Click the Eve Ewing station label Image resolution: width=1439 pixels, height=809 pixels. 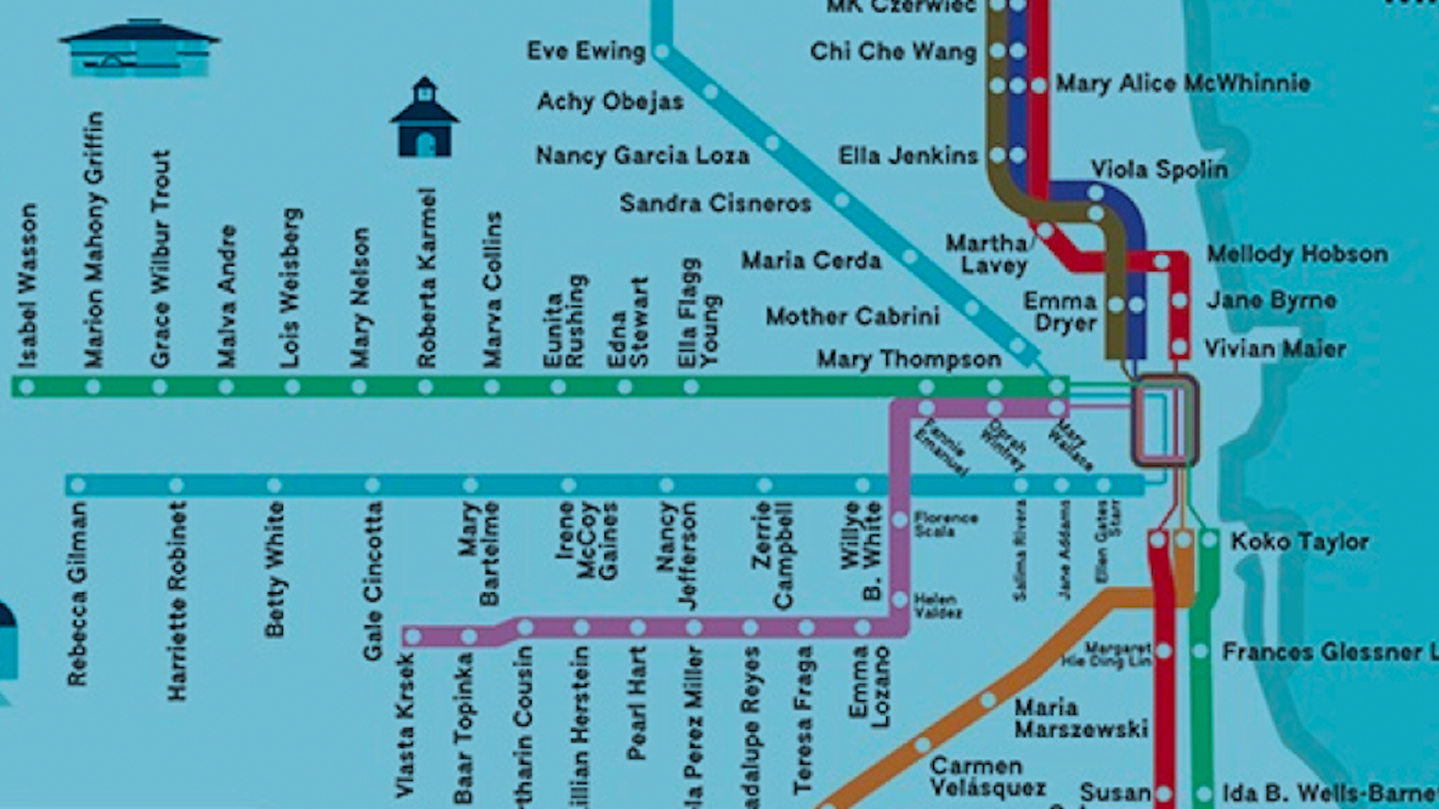pos(585,51)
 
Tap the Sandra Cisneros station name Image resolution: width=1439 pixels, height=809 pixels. pos(715,203)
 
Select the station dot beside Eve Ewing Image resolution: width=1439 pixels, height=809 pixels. pos(662,52)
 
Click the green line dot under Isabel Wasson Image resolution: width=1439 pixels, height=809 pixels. pos(27,387)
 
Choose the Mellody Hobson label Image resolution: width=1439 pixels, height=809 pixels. pos(1297,254)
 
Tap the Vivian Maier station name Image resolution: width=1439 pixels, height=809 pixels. pos(1274,348)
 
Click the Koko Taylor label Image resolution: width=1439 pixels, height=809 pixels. pos(1299,542)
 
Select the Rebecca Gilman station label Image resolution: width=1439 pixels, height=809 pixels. pos(77,593)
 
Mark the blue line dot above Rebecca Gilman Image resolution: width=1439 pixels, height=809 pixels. pos(78,485)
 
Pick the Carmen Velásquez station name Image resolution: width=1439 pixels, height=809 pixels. pos(987,777)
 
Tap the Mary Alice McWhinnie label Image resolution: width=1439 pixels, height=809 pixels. pos(1183,83)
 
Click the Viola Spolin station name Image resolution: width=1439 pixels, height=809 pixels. pos(1159,169)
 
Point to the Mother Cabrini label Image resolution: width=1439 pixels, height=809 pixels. pos(852,316)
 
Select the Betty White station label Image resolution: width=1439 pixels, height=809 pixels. pos(274,569)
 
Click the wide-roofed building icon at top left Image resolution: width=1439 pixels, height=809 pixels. pos(139,49)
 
